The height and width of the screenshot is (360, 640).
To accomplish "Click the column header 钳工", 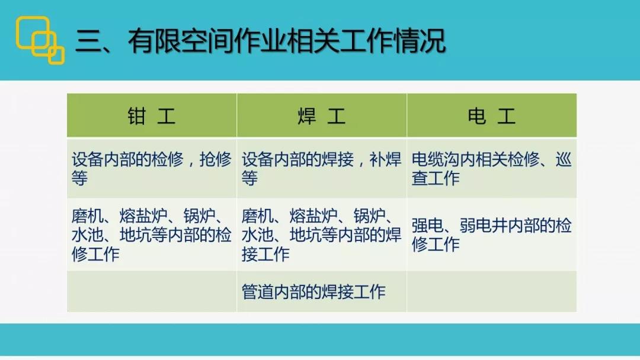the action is (152, 116).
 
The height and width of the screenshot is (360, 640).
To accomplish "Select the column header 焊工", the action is (322, 116).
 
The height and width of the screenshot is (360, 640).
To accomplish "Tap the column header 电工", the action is (491, 116).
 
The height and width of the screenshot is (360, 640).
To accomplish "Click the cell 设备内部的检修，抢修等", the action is (152, 168).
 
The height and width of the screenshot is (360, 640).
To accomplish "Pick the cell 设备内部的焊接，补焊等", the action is (321, 168).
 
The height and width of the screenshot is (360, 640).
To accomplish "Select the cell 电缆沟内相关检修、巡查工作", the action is (491, 168).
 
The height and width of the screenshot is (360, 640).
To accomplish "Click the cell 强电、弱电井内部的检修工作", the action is (491, 235).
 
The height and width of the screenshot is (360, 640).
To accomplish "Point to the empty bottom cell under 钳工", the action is (152, 291).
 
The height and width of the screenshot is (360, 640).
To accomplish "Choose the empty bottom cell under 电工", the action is (491, 291).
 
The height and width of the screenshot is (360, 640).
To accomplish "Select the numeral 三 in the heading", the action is (88, 41).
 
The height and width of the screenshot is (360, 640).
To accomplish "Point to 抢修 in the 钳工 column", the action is (216, 159).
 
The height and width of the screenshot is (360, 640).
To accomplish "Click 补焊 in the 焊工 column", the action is (386, 159).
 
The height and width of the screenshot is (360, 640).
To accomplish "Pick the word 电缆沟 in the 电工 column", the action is (435, 159).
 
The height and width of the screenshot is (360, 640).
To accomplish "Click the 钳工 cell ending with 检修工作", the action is (152, 235).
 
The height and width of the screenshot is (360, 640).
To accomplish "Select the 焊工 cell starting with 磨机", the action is (321, 235).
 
